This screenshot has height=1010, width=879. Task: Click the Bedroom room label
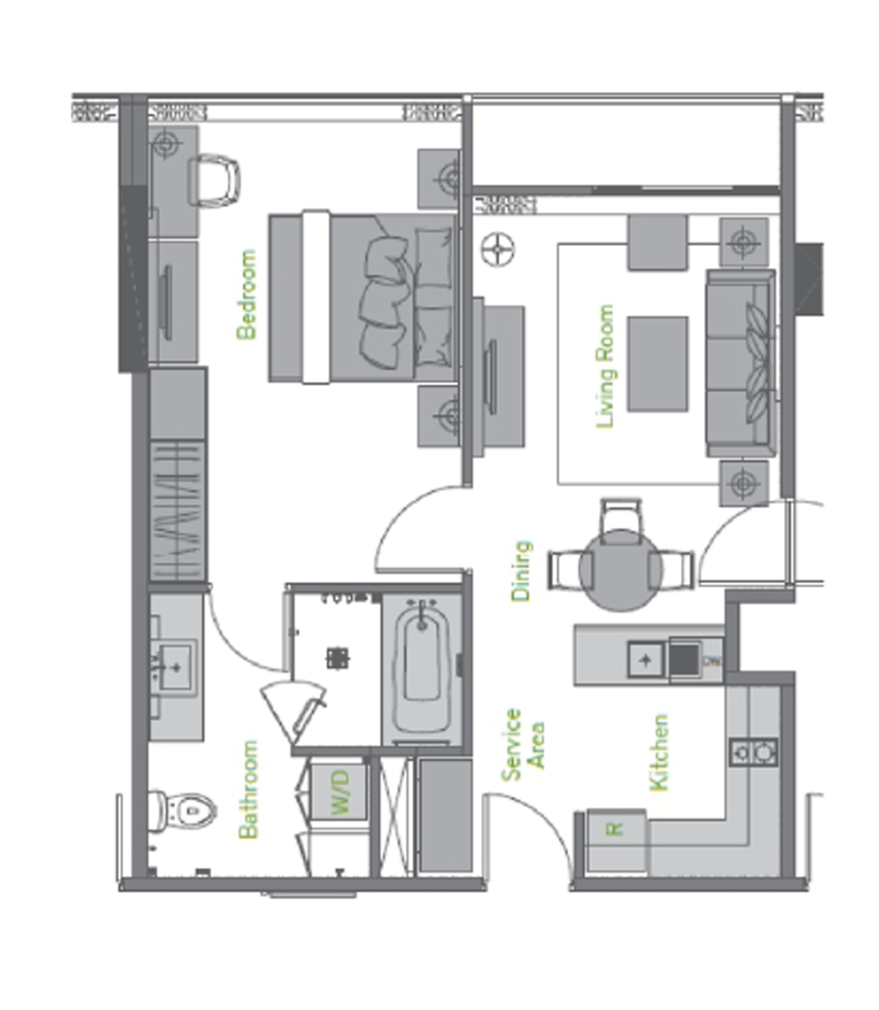point(246,294)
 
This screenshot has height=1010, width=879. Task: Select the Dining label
point(521,571)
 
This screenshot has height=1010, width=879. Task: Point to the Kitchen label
point(659,753)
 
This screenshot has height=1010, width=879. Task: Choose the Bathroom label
point(248,789)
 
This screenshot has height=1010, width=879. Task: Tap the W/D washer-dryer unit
point(339,792)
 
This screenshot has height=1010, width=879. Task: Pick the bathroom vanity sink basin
point(176,667)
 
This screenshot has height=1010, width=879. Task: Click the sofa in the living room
point(741,363)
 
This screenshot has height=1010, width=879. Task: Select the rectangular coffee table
point(657,364)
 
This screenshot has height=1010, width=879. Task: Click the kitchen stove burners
point(753,752)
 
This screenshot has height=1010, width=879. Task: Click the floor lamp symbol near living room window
point(498,249)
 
